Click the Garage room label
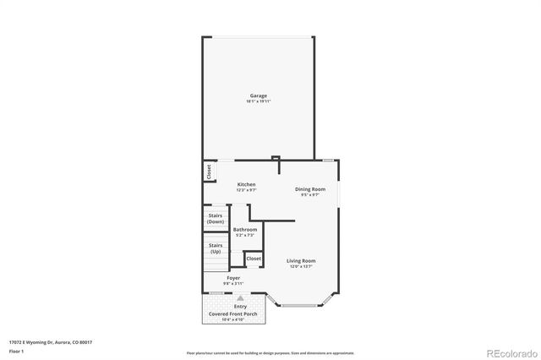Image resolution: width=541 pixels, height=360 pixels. point(258,95)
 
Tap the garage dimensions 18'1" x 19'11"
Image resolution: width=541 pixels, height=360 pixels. point(258,101)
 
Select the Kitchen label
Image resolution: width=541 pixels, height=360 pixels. point(246,184)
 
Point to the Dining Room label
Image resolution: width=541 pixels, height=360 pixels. point(309,189)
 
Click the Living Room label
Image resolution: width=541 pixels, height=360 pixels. point(300,260)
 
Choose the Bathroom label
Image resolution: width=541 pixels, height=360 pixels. point(245,229)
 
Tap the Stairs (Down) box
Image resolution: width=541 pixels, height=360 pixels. point(216,218)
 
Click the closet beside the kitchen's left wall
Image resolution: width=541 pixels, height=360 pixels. point(209,172)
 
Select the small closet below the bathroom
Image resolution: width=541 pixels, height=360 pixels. point(254,258)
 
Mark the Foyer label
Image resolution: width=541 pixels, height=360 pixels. point(232,277)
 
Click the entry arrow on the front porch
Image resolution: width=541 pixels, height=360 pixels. point(240,298)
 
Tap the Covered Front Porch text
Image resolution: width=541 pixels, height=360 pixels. point(233,314)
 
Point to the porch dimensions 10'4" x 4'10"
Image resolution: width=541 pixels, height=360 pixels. point(233,319)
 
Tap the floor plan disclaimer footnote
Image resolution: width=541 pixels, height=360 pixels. point(270,352)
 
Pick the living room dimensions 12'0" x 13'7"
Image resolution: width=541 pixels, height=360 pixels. point(300,266)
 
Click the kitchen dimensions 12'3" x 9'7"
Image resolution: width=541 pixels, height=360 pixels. point(246,190)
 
